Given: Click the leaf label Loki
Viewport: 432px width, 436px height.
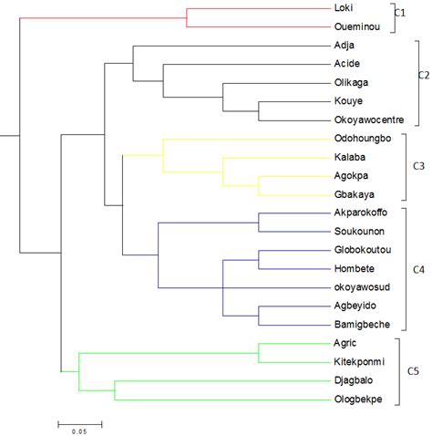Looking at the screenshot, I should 345,8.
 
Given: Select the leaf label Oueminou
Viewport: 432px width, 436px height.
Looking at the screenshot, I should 356,26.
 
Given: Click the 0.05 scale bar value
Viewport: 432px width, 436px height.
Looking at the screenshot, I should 80,431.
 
